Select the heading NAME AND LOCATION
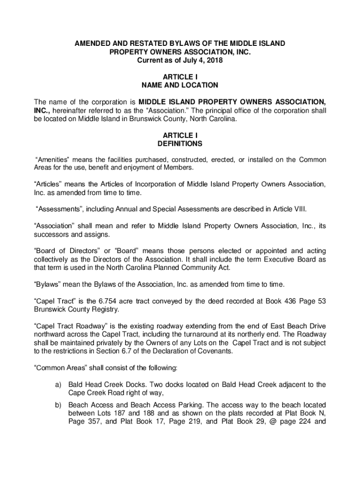coord(180,85)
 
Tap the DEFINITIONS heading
coord(180,144)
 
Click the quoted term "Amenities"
coord(52,160)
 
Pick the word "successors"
coord(53,234)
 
